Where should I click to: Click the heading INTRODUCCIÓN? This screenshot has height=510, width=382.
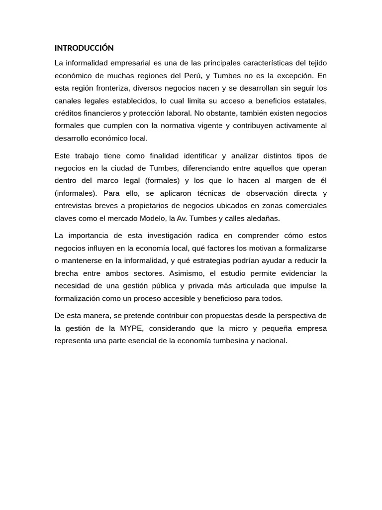click(84, 48)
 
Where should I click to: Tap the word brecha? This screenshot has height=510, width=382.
click(66, 273)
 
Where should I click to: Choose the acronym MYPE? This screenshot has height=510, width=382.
click(131, 328)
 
